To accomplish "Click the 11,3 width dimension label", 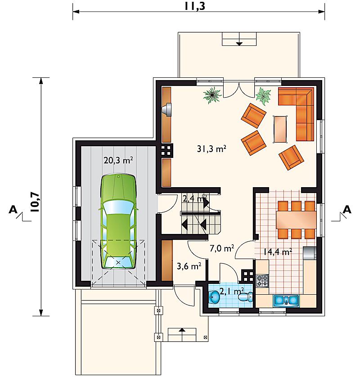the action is [195, 6].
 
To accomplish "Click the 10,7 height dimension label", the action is [35, 202].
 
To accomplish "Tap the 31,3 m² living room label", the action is [211, 149].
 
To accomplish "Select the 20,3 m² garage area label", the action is [118, 160].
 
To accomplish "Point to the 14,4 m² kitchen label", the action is [278, 252].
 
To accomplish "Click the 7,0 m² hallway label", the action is [222, 248].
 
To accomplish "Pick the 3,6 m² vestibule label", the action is [189, 266].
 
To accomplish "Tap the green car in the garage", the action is [118, 222].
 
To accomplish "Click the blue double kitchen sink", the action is [286, 301].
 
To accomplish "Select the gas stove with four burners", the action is [262, 281].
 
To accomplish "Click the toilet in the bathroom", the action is [246, 296].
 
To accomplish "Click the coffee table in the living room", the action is [280, 130].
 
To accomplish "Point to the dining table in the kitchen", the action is [296, 220].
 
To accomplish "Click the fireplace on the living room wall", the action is [167, 110].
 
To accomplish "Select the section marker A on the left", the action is [13, 209].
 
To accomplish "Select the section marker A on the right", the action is [346, 209].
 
